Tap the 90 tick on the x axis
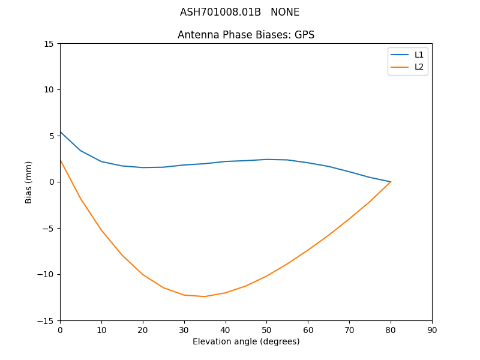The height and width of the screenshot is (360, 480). [432, 330]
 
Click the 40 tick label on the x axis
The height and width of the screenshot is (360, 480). [225, 330]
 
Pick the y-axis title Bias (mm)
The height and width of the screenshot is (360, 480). [29, 182]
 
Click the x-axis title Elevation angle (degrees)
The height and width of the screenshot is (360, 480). [246, 342]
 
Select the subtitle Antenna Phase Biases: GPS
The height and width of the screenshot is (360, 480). [246, 35]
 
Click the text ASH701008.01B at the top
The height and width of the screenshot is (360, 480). [220, 12]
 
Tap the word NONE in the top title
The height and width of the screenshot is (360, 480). [285, 12]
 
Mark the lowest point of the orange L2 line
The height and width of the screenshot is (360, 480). [205, 296]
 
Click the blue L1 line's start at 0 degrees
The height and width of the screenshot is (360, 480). [61, 132]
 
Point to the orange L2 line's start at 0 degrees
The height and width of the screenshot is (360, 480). [61, 160]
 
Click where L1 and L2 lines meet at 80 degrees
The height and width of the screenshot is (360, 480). [391, 182]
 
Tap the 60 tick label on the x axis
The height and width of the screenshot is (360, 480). [308, 330]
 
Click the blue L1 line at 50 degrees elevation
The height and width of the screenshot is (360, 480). [266, 160]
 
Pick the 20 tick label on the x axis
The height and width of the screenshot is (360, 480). [143, 330]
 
